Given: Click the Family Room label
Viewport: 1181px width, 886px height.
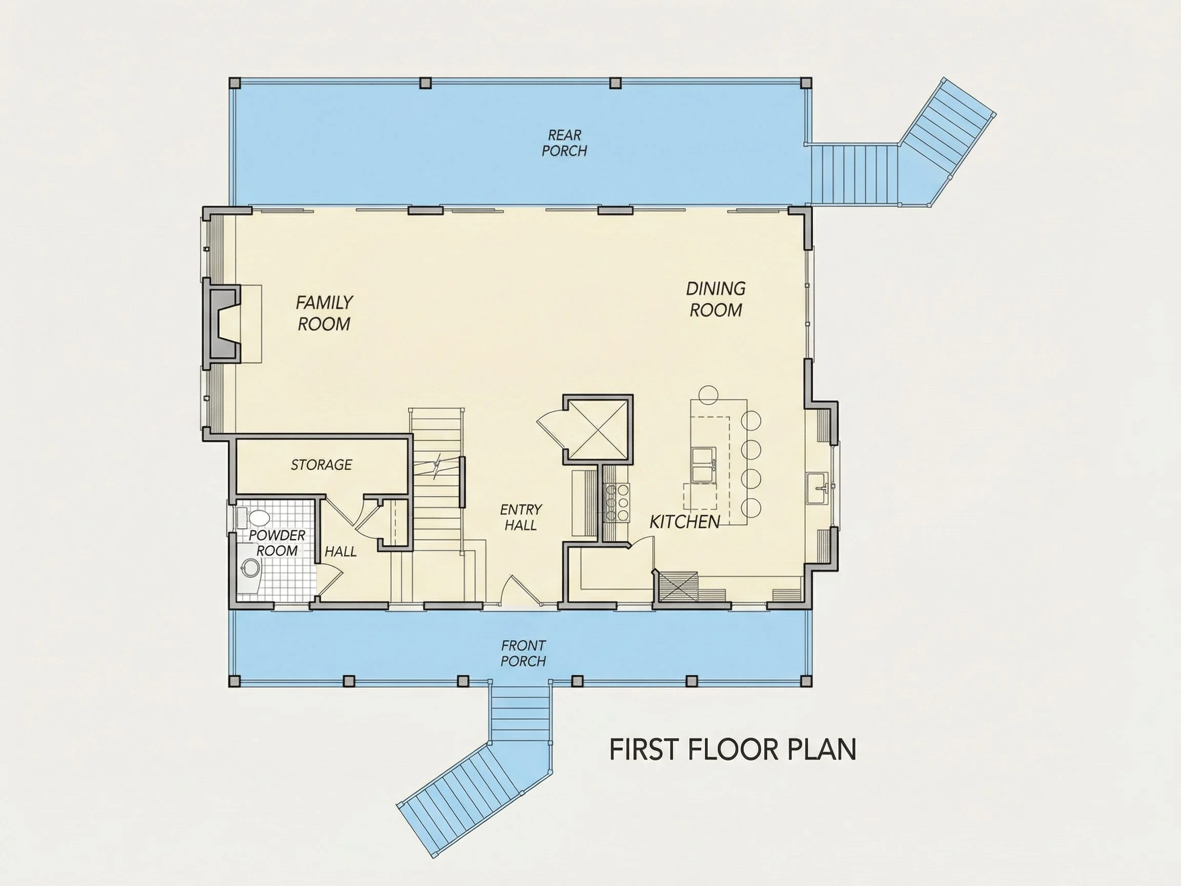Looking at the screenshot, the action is click(324, 313).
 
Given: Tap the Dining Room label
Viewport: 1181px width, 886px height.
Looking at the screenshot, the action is click(716, 299).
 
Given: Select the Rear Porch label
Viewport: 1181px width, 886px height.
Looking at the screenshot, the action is click(564, 143).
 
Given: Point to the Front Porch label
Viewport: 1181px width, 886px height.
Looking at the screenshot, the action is click(523, 653).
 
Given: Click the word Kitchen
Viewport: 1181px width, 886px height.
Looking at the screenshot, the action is click(685, 522).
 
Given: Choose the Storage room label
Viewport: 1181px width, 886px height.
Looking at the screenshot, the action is click(321, 465).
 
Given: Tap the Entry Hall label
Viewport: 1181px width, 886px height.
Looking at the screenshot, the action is click(521, 517).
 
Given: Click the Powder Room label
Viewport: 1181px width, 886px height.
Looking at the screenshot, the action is click(277, 542).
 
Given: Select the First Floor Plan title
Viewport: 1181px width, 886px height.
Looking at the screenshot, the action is click(733, 749).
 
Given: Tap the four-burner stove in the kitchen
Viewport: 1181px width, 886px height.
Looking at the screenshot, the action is click(617, 502).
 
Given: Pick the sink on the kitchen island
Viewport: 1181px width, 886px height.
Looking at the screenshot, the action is click(703, 465).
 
